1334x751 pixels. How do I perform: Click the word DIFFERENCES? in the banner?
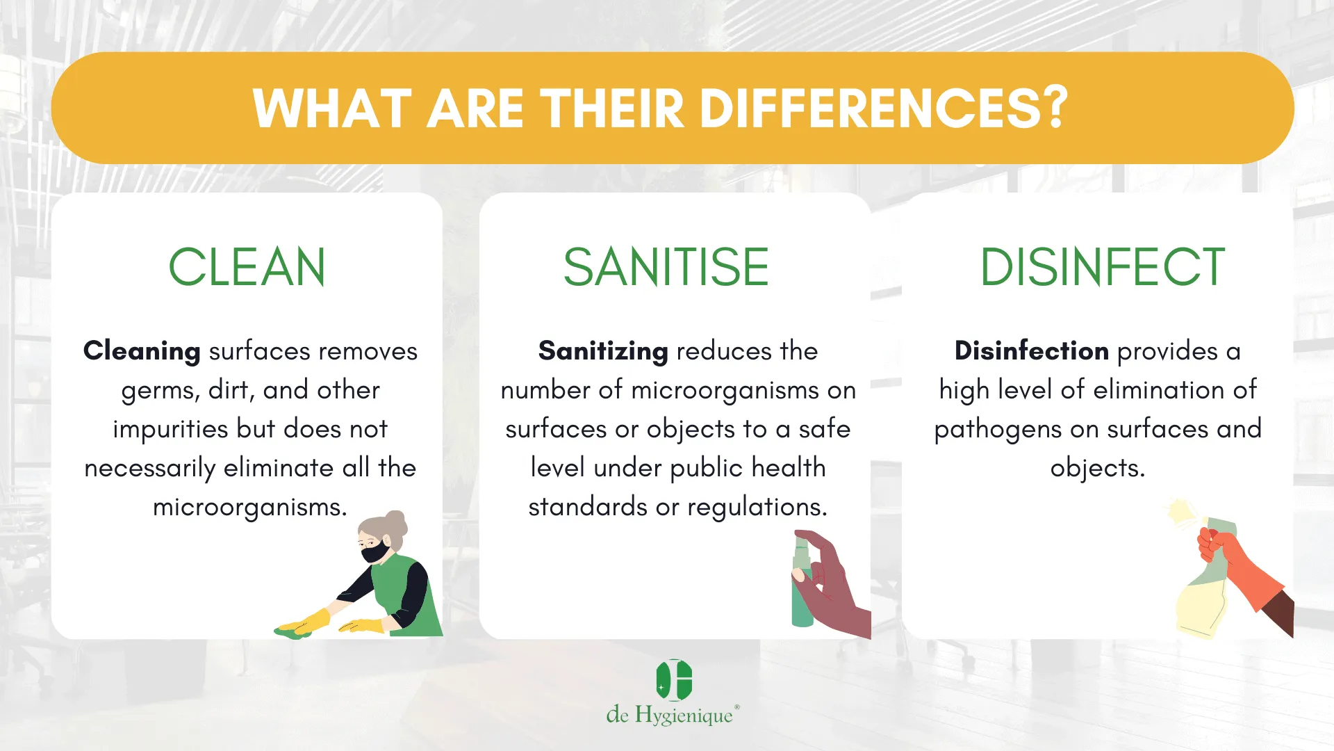884,108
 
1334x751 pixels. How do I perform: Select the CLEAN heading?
247,267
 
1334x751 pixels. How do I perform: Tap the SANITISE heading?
666,267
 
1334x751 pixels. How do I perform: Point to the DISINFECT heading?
1102,267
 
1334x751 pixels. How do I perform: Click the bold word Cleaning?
142,352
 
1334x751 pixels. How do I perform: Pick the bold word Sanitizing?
603,352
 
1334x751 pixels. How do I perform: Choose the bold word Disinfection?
1032,350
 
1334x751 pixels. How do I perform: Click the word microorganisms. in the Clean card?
250,508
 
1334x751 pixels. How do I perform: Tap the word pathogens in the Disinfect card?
998,430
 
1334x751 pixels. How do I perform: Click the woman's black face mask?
375,553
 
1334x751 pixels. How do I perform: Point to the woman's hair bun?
395,521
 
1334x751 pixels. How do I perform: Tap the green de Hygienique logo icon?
674,680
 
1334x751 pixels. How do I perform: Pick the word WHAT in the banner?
333,108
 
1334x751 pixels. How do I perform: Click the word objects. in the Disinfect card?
1098,469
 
